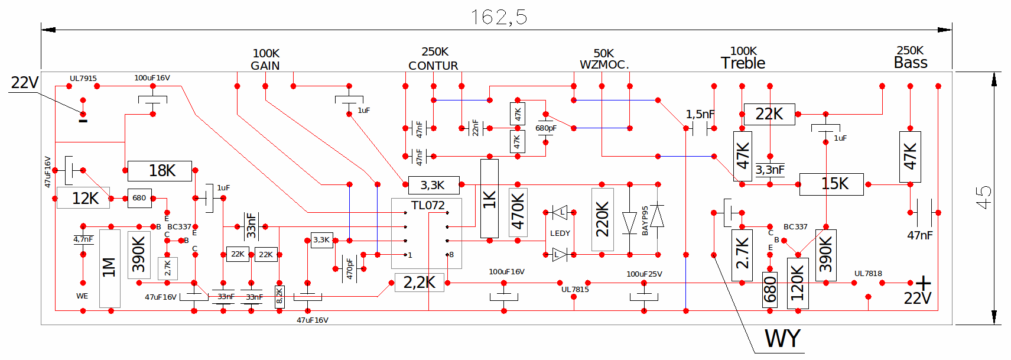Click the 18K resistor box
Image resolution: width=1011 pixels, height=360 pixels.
pyautogui.click(x=160, y=171)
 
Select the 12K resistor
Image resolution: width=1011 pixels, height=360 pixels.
pyautogui.click(x=83, y=198)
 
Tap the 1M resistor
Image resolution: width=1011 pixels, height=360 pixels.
pyautogui.click(x=110, y=268)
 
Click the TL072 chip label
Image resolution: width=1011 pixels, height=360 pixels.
pyautogui.click(x=428, y=206)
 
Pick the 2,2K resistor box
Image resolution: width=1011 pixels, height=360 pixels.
pyautogui.click(x=420, y=283)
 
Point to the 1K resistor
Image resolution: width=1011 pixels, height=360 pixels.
pyautogui.click(x=490, y=198)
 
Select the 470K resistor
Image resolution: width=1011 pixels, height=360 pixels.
pyautogui.click(x=518, y=212)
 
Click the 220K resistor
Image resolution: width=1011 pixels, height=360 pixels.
pyautogui.click(x=603, y=219)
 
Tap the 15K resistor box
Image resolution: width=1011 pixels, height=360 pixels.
pyautogui.click(x=831, y=184)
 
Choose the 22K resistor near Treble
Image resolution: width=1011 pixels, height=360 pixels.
pyautogui.click(x=769, y=114)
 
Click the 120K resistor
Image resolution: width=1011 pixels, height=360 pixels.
pyautogui.click(x=798, y=283)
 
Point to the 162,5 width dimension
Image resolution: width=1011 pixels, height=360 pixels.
pyautogui.click(x=499, y=17)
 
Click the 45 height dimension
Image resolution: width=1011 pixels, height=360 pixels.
pyautogui.click(x=983, y=197)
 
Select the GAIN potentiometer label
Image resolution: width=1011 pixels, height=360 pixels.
pyautogui.click(x=265, y=66)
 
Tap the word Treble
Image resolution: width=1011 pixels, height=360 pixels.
pyautogui.click(x=743, y=63)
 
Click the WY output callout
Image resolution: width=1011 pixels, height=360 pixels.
pyautogui.click(x=782, y=339)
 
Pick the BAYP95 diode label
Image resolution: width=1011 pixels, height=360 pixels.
pyautogui.click(x=645, y=220)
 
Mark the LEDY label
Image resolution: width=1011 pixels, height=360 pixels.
pyautogui.click(x=560, y=233)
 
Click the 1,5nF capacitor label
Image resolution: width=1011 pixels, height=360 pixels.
pyautogui.click(x=700, y=115)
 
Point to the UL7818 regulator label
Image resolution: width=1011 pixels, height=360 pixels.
pyautogui.click(x=868, y=274)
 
